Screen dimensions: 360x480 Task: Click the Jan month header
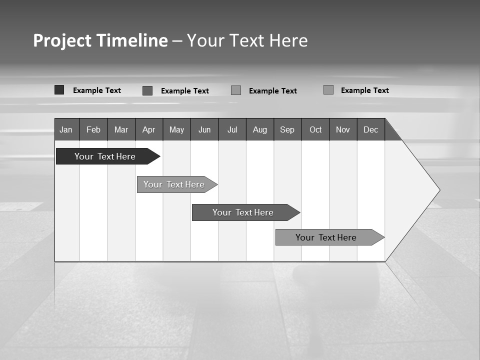66,129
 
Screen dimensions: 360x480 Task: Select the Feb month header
93,129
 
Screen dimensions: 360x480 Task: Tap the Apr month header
149,129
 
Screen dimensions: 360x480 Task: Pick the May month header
176,129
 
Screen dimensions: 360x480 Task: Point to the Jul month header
232,129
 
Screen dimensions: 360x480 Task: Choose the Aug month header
260,129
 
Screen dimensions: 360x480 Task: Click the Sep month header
287,129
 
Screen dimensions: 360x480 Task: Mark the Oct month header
315,129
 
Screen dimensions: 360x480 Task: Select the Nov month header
343,129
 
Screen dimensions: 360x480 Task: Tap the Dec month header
371,129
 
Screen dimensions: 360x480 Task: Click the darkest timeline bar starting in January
105,156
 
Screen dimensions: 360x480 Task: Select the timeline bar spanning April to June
174,184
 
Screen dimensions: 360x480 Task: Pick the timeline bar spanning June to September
243,212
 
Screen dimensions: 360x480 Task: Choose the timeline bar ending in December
326,237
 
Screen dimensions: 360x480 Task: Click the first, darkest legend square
59,90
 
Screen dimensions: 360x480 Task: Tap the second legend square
147,90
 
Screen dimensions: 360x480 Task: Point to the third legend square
236,90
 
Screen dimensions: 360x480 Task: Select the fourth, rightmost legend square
328,90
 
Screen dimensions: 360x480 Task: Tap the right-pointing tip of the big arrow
438,190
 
